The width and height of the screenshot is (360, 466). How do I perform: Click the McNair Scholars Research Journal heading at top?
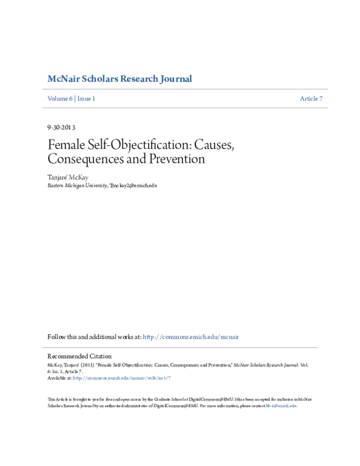[119, 79]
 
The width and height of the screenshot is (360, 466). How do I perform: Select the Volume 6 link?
[59, 98]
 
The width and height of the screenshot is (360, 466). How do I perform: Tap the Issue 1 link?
[86, 98]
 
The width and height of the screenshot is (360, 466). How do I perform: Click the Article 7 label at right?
[311, 98]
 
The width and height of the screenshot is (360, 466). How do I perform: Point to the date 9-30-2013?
[61, 127]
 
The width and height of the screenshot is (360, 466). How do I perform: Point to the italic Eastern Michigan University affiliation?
[77, 186]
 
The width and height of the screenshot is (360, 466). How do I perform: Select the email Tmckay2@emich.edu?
[133, 186]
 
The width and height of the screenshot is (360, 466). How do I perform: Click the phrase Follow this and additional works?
[94, 337]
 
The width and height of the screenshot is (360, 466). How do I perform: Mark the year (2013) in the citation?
[84, 365]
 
